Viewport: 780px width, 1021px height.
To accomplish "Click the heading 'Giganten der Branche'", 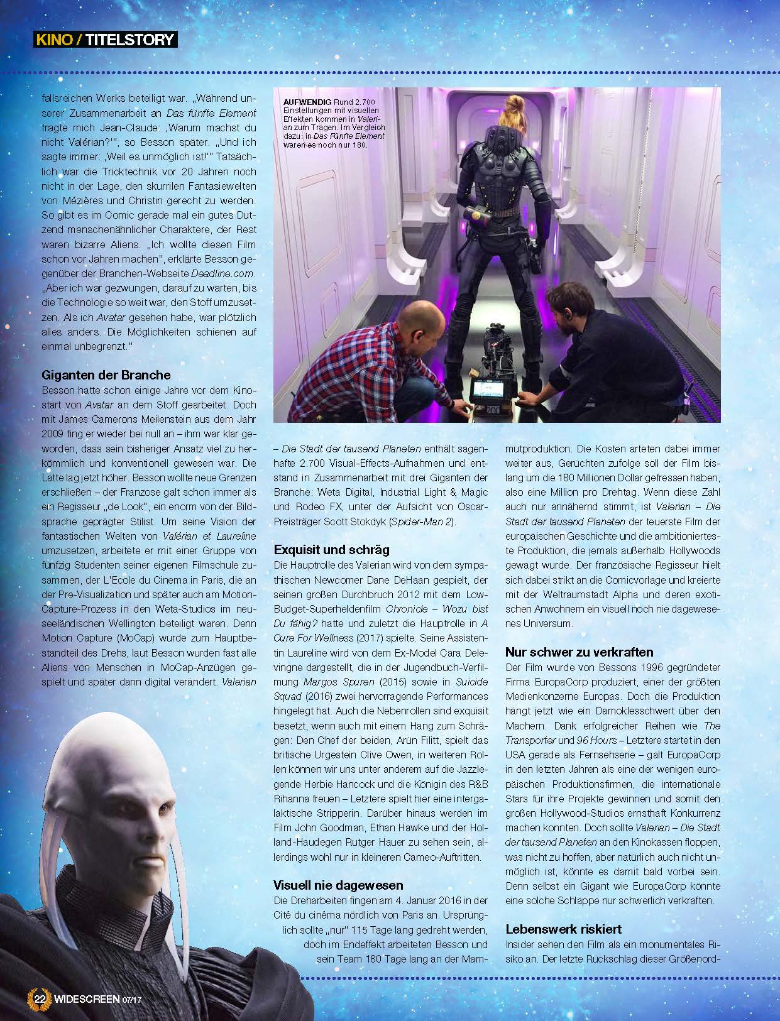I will pos(106,375).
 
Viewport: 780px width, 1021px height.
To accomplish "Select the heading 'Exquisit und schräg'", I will pos(331,550).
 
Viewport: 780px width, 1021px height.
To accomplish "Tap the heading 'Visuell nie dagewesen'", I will pos(338,885).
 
